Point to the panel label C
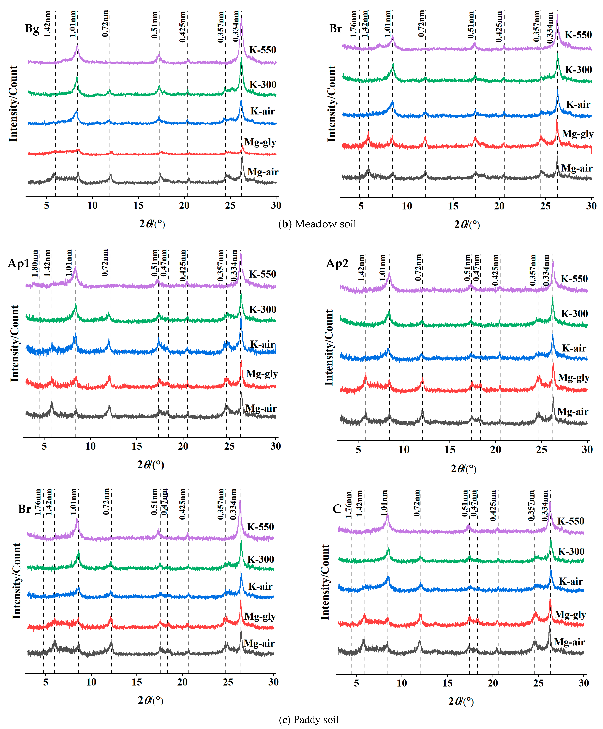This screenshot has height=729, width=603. click(x=337, y=509)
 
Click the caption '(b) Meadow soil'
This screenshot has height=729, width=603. click(x=317, y=224)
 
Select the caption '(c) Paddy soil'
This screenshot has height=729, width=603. click(x=309, y=720)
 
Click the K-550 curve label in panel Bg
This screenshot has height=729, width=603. click(x=263, y=50)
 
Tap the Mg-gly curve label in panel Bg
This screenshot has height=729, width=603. click(x=260, y=142)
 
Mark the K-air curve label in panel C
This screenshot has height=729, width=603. click(x=571, y=582)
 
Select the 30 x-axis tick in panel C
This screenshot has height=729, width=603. click(x=584, y=683)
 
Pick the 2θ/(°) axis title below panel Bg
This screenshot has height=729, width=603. click(x=152, y=224)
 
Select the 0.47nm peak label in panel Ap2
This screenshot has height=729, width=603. click(x=477, y=268)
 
